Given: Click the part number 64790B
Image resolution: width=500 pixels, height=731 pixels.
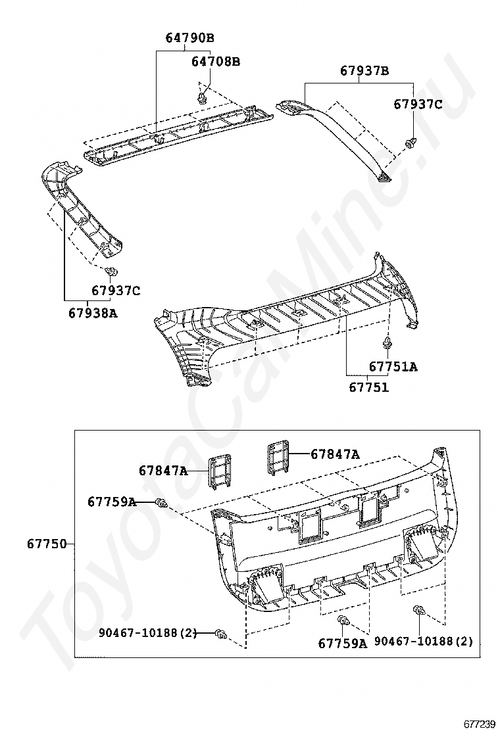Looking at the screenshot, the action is [189, 37].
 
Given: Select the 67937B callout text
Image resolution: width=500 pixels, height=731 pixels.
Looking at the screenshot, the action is [364, 70].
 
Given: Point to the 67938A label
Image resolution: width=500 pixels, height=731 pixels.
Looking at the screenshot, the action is [93, 313].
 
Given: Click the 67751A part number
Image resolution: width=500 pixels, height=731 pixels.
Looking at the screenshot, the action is [393, 367].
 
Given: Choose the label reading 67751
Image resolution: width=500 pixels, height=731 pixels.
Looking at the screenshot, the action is [368, 387].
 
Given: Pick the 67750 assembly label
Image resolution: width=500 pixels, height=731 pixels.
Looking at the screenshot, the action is [47, 544].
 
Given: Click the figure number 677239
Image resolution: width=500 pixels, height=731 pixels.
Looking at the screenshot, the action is [480, 723].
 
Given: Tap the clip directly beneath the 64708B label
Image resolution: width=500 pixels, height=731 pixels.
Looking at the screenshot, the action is [201, 99].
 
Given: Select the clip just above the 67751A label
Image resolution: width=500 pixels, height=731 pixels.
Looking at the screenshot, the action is [387, 342].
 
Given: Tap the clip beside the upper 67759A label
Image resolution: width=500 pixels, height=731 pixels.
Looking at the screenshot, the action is [161, 504].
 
